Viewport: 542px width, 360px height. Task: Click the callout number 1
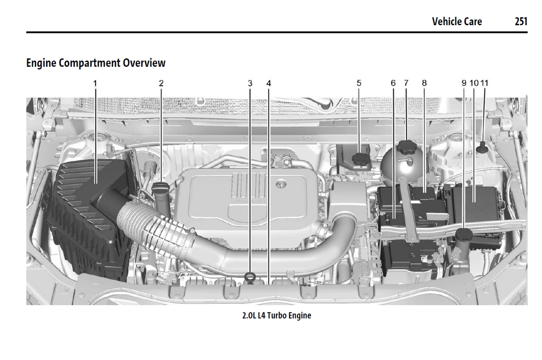click(95, 83)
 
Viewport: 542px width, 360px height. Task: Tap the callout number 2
click(161, 83)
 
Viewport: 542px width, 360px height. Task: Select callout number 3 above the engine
click(250, 83)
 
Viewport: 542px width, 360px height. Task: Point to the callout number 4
click(269, 83)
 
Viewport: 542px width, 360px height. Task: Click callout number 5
click(359, 83)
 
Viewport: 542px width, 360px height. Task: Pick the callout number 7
click(406, 83)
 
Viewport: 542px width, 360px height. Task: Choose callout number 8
click(424, 83)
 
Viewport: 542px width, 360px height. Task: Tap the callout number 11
click(485, 83)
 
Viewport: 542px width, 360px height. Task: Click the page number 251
click(521, 22)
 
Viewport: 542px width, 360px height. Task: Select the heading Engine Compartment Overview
click(96, 63)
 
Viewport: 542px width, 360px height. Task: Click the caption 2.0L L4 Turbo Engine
click(276, 315)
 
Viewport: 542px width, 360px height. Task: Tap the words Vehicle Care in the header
click(457, 22)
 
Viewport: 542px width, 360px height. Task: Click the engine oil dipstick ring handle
click(249, 277)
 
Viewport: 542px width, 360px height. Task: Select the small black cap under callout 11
click(482, 148)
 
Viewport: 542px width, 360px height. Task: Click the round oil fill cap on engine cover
click(280, 184)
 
